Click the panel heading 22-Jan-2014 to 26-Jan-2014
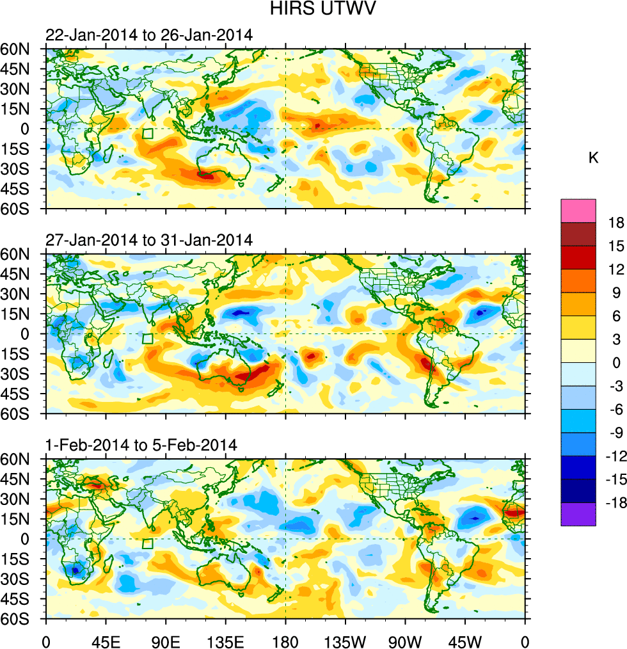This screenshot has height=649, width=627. pyautogui.click(x=149, y=35)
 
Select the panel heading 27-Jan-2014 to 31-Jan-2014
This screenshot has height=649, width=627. pyautogui.click(x=149, y=240)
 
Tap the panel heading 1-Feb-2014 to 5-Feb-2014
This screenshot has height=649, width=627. pyautogui.click(x=141, y=445)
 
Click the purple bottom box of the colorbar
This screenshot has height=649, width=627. pyautogui.click(x=578, y=515)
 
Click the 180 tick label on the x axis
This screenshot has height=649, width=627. pyautogui.click(x=285, y=640)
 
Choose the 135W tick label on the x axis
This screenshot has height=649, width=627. pyautogui.click(x=345, y=640)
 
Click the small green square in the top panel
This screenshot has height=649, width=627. pyautogui.click(x=148, y=134)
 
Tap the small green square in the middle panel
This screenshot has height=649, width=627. pyautogui.click(x=148, y=339)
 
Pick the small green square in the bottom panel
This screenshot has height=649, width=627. pyautogui.click(x=148, y=543)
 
